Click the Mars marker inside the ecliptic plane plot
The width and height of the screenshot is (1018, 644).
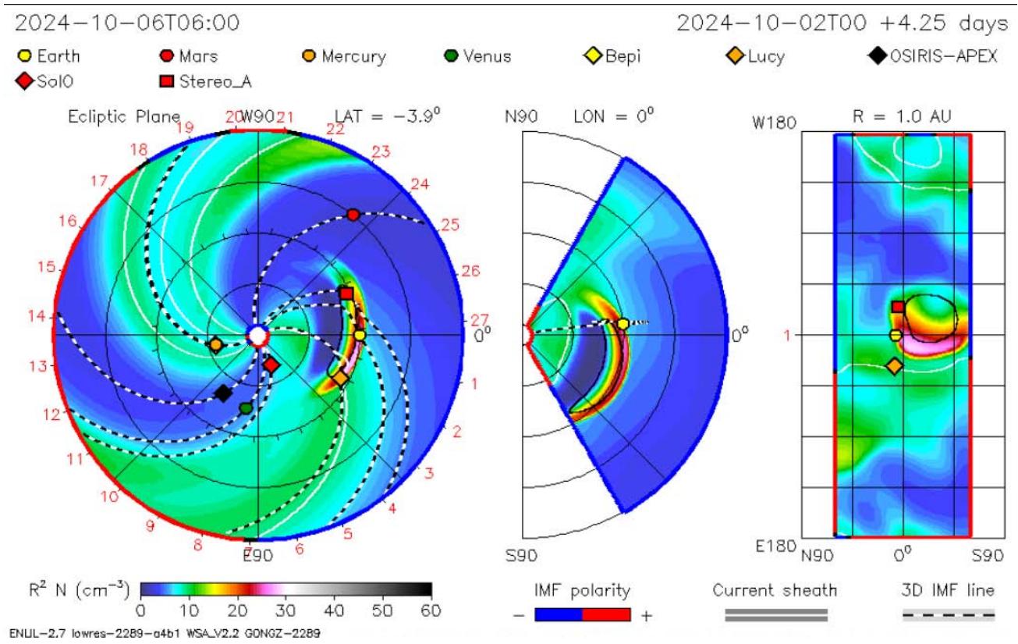(353, 214)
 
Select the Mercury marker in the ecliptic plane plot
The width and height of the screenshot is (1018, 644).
(215, 344)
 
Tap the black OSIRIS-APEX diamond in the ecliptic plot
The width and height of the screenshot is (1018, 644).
(223, 393)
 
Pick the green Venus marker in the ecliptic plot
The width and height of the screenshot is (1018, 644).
(246, 407)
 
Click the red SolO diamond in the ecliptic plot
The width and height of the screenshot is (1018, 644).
(271, 365)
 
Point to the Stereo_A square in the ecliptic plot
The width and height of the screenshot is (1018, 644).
(346, 294)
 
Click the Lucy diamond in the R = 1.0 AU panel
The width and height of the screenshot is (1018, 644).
(894, 365)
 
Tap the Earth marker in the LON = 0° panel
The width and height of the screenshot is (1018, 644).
(623, 324)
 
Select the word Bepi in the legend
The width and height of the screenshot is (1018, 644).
(625, 56)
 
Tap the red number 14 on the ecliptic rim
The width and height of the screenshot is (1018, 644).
(36, 317)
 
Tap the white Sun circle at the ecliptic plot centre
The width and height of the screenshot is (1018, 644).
(257, 336)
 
